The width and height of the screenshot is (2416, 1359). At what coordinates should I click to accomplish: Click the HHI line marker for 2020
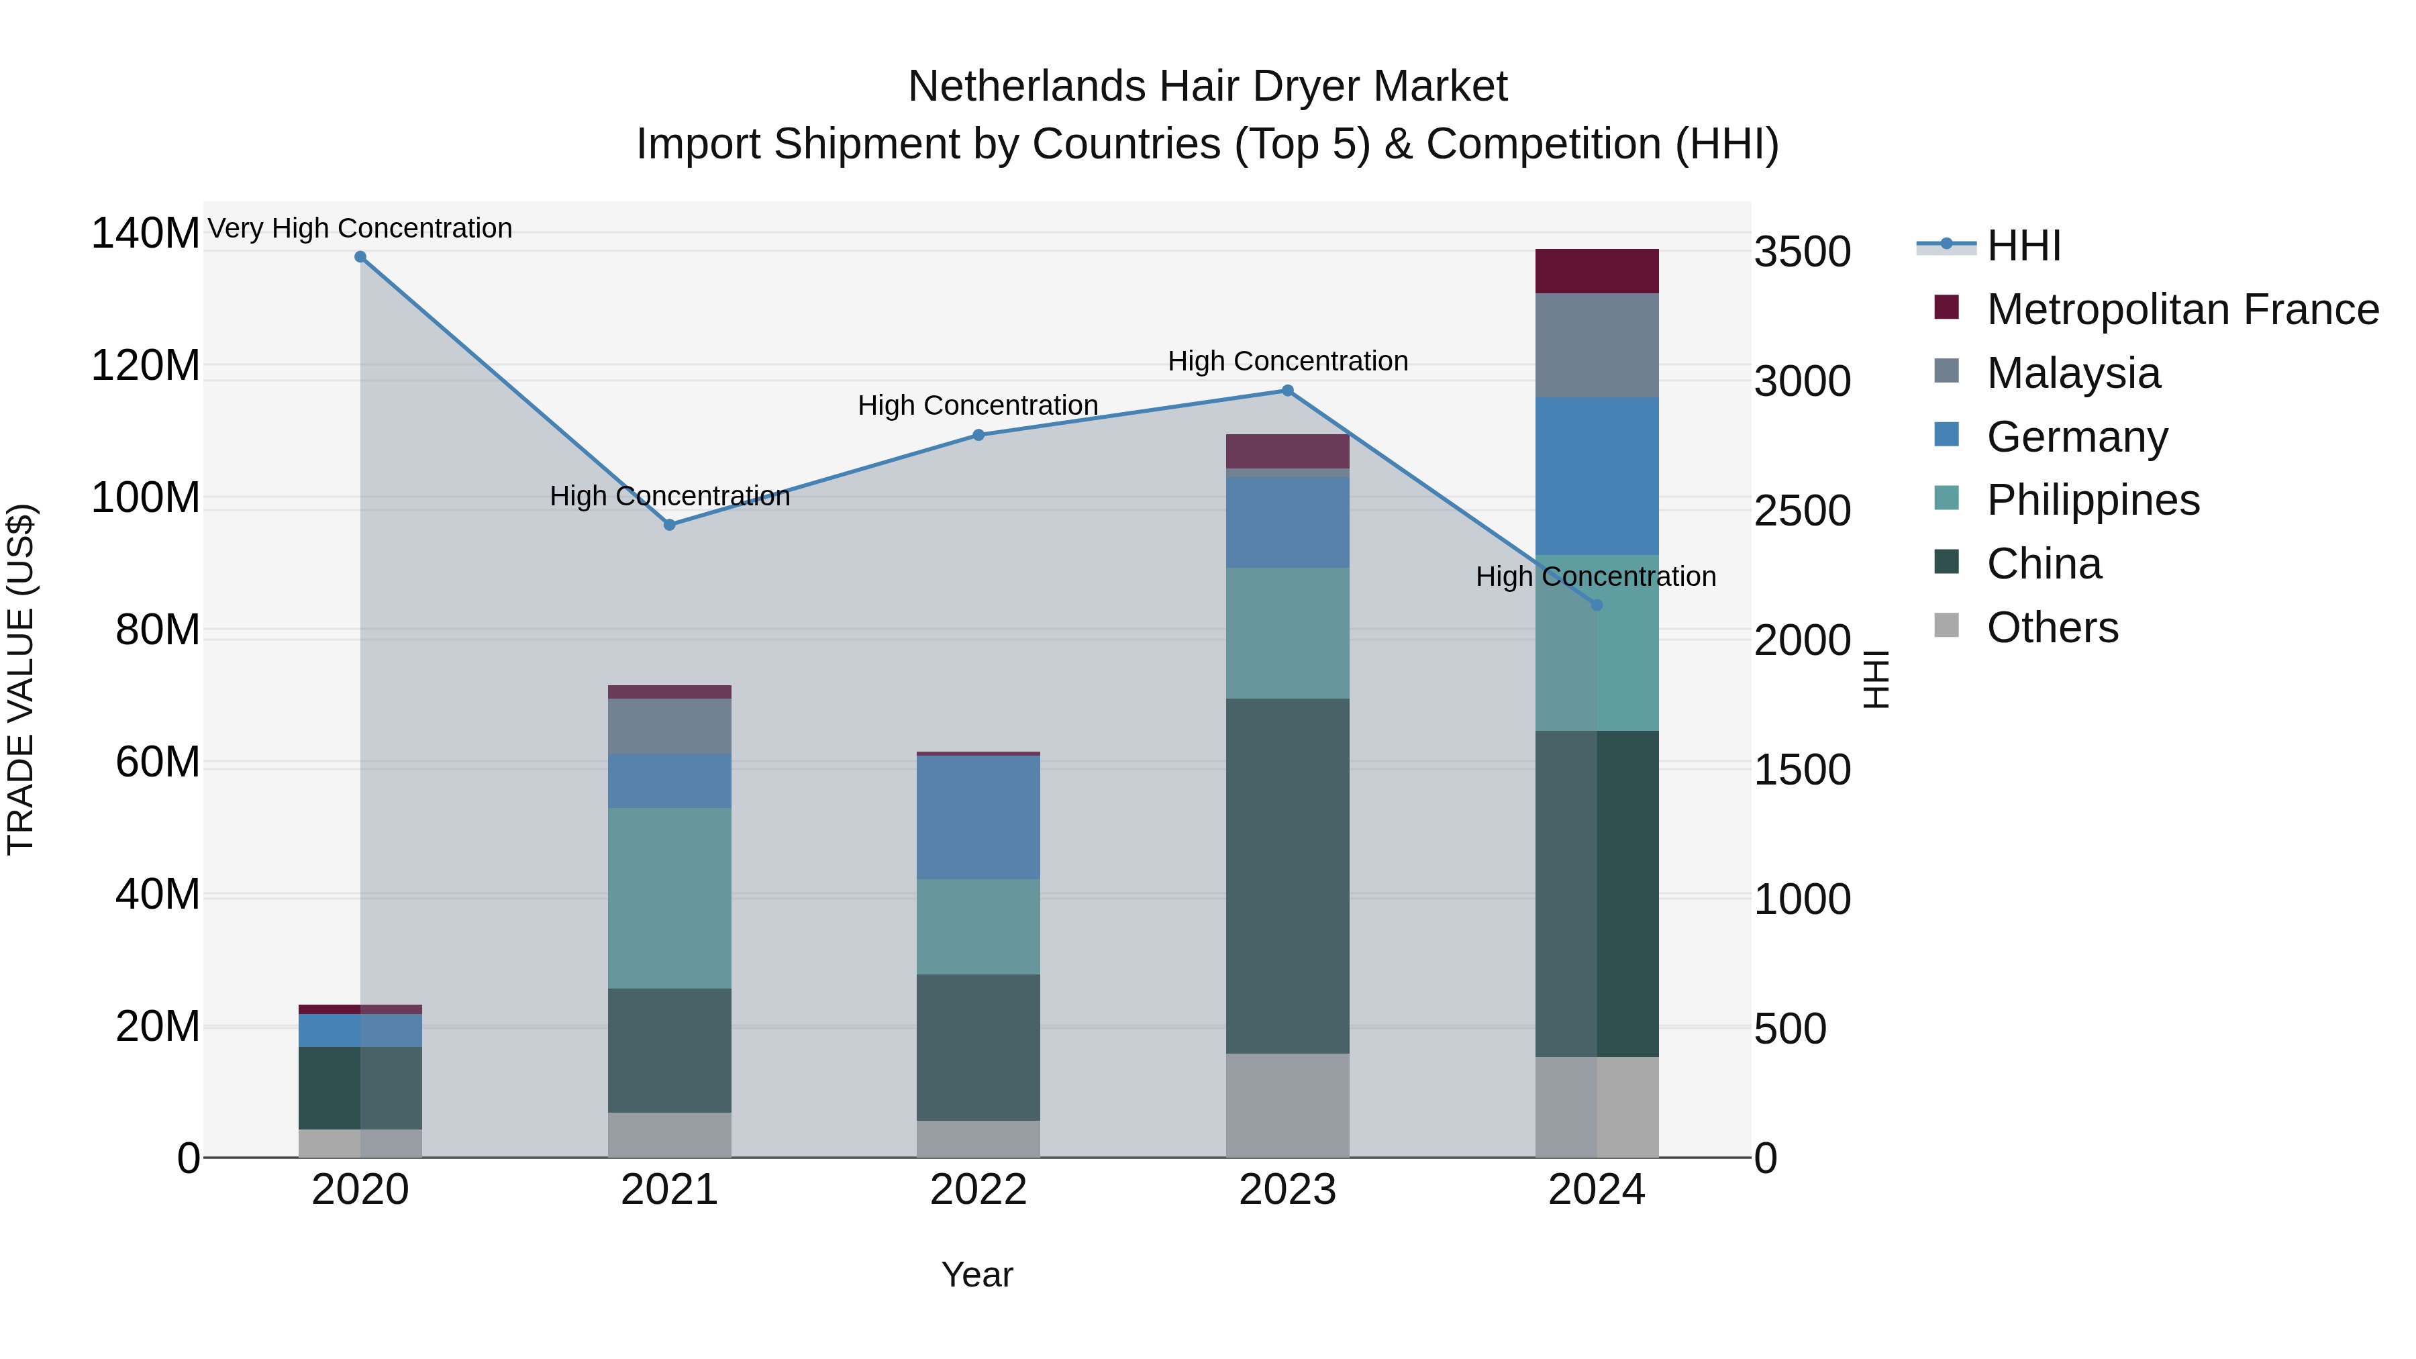pyautogui.click(x=360, y=257)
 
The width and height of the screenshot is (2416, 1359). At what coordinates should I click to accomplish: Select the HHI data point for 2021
pyautogui.click(x=670, y=525)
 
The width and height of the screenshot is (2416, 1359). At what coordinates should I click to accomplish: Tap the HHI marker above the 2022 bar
pyautogui.click(x=978, y=435)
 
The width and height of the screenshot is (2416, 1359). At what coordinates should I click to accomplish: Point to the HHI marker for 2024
pyautogui.click(x=1597, y=605)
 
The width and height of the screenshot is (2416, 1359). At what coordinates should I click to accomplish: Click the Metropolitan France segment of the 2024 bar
pyautogui.click(x=1597, y=271)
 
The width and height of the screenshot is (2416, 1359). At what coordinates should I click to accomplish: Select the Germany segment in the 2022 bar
pyautogui.click(x=978, y=817)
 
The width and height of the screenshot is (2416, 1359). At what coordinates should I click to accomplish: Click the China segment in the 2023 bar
pyautogui.click(x=1288, y=875)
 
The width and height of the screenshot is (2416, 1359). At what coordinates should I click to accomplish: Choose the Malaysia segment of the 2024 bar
pyautogui.click(x=1597, y=345)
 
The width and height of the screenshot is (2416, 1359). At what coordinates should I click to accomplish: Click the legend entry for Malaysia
pyautogui.click(x=2073, y=373)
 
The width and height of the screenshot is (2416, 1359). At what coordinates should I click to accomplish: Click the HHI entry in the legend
pyautogui.click(x=2023, y=246)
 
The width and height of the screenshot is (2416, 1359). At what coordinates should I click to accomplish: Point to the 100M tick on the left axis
pyautogui.click(x=146, y=497)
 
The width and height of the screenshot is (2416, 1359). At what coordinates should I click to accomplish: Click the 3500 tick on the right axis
pyautogui.click(x=1802, y=252)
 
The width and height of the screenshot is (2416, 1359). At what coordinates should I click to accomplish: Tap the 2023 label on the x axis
pyautogui.click(x=1288, y=1190)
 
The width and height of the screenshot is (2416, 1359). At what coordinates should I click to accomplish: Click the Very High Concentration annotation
pyautogui.click(x=360, y=228)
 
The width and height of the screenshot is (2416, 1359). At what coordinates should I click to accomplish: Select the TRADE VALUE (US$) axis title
pyautogui.click(x=21, y=679)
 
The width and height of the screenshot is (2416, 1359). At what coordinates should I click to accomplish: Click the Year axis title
pyautogui.click(x=977, y=1274)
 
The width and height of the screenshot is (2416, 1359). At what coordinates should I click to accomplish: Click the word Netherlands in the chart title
pyautogui.click(x=1027, y=87)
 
